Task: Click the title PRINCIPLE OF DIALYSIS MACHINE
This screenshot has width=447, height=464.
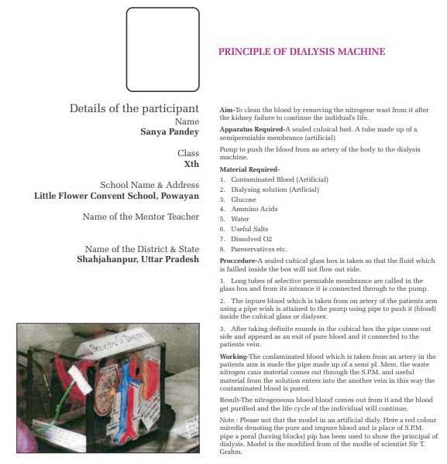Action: point(302,52)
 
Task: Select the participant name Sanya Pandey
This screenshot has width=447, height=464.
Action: point(170,132)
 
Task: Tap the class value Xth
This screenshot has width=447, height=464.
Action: point(191,164)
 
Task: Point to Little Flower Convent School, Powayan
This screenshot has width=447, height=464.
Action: point(116,196)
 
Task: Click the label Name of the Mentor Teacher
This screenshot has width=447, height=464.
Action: point(141,217)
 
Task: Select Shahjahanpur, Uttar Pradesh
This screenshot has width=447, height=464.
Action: point(138,259)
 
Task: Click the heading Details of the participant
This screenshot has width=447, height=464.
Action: point(134,108)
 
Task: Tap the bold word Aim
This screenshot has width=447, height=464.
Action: point(226,110)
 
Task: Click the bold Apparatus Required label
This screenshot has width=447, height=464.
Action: point(251,129)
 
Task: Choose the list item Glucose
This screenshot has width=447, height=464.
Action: point(243,200)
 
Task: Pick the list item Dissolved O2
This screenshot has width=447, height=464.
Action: point(251,239)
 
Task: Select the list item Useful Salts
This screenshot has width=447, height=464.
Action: point(249,229)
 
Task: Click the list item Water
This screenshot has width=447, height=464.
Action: point(240,219)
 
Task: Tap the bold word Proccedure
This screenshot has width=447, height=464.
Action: point(237,261)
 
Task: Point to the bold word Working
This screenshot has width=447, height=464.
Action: point(233,357)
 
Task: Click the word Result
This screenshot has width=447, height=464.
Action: point(229,400)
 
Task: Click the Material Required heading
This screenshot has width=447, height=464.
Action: point(249,169)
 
